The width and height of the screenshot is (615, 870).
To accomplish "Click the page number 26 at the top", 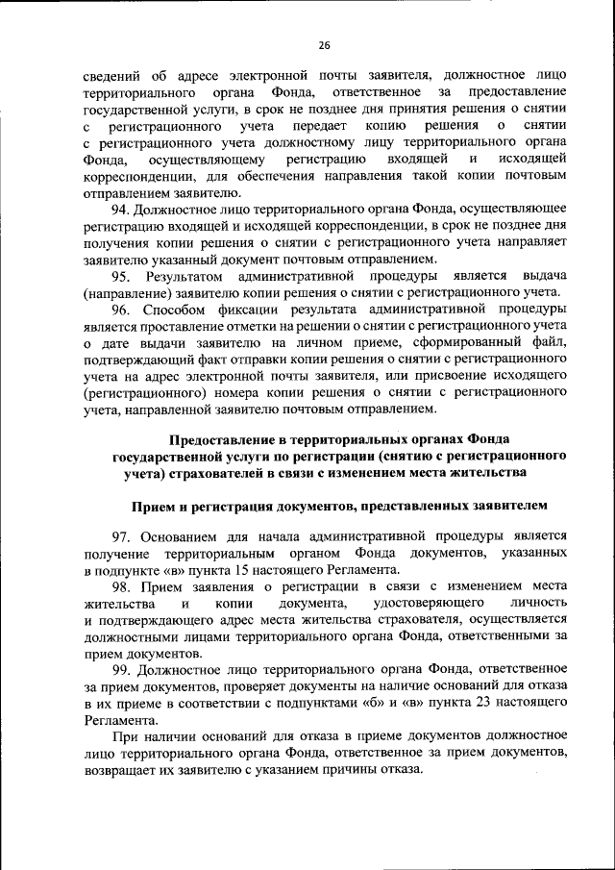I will click(324, 44).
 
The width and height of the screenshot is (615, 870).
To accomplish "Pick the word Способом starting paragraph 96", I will click(176, 310).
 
